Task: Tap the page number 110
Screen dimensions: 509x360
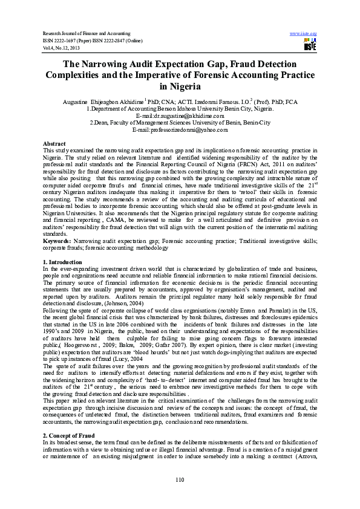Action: (x=179, y=479)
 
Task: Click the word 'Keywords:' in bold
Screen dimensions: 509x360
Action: (x=56, y=241)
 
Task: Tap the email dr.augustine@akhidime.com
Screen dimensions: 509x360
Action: (x=180, y=115)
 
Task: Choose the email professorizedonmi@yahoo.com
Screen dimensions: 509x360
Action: (x=180, y=129)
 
